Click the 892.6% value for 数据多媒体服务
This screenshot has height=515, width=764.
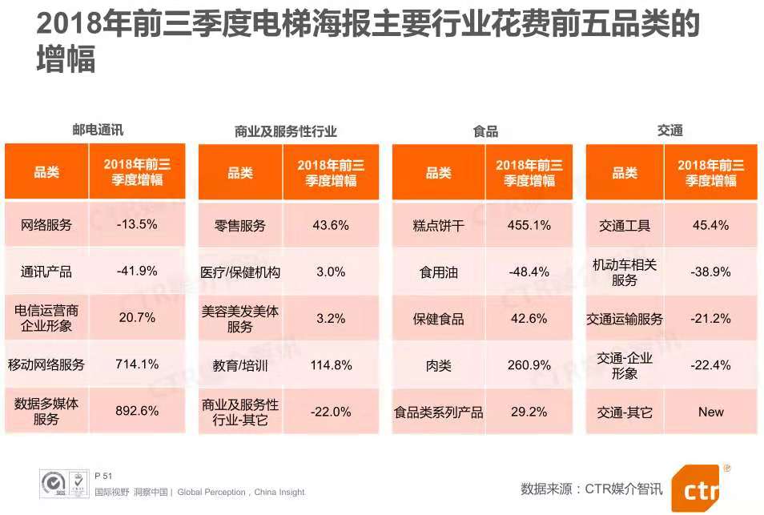pyautogui.click(x=137, y=412)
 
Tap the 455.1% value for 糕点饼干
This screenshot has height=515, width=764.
pyautogui.click(x=529, y=225)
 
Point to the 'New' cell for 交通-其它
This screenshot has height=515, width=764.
pyautogui.click(x=710, y=412)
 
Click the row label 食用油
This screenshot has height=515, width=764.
pyautogui.click(x=438, y=272)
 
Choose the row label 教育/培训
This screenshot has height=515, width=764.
pyautogui.click(x=239, y=365)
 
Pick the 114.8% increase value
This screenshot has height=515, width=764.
pyautogui.click(x=331, y=365)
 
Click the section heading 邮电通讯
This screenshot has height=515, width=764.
pyautogui.click(x=98, y=129)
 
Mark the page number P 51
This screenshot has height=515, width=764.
pyautogui.click(x=103, y=475)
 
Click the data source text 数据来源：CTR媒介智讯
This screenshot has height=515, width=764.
pyautogui.click(x=592, y=488)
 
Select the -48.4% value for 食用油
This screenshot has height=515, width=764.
pyautogui.click(x=529, y=272)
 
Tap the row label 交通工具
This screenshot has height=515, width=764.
pyautogui.click(x=625, y=225)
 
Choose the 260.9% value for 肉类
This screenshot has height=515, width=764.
pyautogui.click(x=529, y=365)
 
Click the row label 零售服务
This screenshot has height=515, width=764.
pyautogui.click(x=239, y=225)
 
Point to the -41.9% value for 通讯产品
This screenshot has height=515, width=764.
pyautogui.click(x=137, y=272)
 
